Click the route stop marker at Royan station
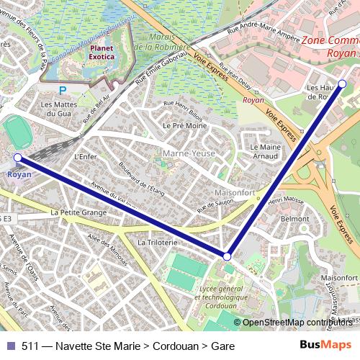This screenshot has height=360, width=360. point(17,157)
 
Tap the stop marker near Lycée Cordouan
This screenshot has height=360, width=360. point(227,256)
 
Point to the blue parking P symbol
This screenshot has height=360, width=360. point(63,91)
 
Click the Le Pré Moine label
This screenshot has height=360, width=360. point(181,125)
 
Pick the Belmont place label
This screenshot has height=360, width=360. point(294,217)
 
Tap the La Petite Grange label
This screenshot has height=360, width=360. point(78,212)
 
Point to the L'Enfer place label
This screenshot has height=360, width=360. point(85,156)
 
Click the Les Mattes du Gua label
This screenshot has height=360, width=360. point(58,109)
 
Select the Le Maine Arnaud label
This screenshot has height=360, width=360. point(265,150)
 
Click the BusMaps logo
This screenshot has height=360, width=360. point(325,346)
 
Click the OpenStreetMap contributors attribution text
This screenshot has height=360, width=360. point(296,323)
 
